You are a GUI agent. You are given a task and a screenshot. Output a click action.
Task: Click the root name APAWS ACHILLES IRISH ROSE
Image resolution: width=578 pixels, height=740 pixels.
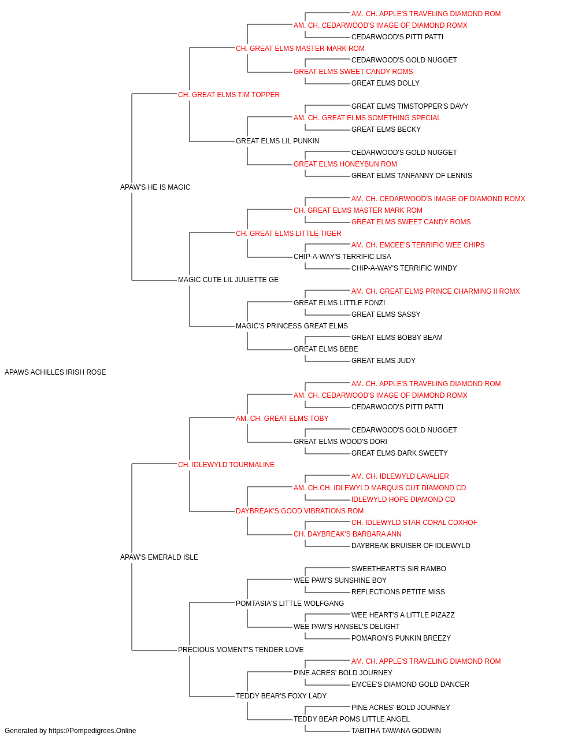pyautogui.click(x=55, y=372)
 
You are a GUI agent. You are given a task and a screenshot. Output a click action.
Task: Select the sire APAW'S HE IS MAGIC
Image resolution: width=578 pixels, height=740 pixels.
pyautogui.click(x=155, y=187)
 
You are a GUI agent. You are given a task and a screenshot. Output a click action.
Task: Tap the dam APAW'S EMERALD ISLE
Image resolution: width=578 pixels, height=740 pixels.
pyautogui.click(x=159, y=557)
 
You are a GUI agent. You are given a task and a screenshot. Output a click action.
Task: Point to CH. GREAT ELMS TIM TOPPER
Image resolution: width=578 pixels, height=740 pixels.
pyautogui.click(x=229, y=95)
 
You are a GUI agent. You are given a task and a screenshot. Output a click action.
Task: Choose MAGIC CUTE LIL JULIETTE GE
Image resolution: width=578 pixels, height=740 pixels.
pyautogui.click(x=228, y=280)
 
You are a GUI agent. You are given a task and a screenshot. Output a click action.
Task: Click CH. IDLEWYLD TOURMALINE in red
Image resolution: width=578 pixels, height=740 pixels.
pyautogui.click(x=226, y=465)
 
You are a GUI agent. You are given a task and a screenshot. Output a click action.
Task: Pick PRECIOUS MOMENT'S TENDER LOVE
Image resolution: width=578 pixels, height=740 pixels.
pyautogui.click(x=240, y=650)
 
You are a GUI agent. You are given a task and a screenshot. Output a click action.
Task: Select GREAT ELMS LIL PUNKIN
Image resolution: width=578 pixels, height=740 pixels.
pyautogui.click(x=277, y=141)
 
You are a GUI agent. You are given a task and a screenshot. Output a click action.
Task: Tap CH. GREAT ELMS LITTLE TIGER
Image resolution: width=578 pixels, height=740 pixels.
pyautogui.click(x=288, y=234)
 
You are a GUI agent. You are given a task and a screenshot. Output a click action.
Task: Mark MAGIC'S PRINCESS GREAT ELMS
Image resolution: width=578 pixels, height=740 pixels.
pyautogui.click(x=292, y=326)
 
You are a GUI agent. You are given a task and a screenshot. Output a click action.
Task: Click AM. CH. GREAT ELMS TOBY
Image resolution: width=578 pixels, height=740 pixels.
pyautogui.click(x=282, y=419)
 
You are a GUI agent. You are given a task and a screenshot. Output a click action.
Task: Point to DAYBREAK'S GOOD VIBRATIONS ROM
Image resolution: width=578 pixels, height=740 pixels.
pyautogui.click(x=299, y=511)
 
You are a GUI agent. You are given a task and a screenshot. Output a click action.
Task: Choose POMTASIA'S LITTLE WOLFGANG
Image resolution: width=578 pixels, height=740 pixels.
pyautogui.click(x=290, y=604)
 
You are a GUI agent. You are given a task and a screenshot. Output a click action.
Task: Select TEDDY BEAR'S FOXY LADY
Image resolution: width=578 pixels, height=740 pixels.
pyautogui.click(x=281, y=696)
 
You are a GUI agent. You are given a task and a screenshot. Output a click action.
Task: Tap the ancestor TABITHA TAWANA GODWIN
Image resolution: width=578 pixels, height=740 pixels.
pyautogui.click(x=396, y=731)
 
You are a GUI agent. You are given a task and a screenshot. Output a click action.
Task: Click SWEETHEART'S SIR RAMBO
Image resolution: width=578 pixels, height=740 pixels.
pyautogui.click(x=399, y=569)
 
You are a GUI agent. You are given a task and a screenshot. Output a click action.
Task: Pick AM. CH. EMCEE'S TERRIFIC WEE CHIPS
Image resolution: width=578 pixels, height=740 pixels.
pyautogui.click(x=418, y=245)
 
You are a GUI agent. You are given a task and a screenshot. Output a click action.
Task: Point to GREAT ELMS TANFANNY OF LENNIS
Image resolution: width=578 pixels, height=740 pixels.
pyautogui.click(x=412, y=176)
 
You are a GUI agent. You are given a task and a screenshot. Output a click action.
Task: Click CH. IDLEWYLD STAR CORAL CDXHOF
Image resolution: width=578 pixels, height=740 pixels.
pyautogui.click(x=414, y=523)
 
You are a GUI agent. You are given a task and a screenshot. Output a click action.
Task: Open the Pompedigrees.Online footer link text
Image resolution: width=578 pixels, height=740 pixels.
pyautogui.click(x=92, y=731)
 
